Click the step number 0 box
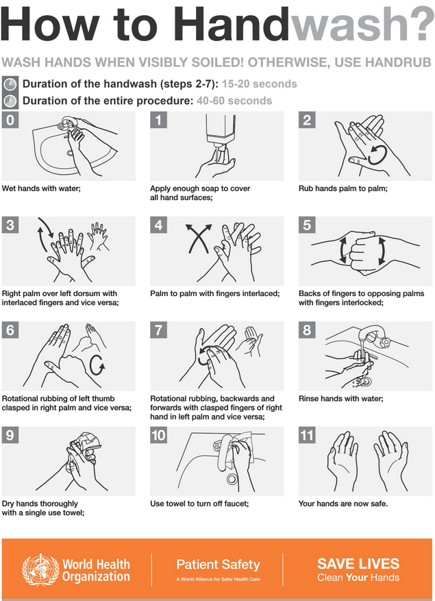10,121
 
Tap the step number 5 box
307,225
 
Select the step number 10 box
159,435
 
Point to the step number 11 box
307,435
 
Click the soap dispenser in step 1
218,134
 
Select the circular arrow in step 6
97,364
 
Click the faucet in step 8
375,337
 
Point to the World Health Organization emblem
40,569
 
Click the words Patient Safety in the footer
218,565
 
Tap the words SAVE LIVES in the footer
358,564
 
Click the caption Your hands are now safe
343,504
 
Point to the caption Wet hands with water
42,187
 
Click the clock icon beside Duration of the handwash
10,85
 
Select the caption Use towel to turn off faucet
199,504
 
